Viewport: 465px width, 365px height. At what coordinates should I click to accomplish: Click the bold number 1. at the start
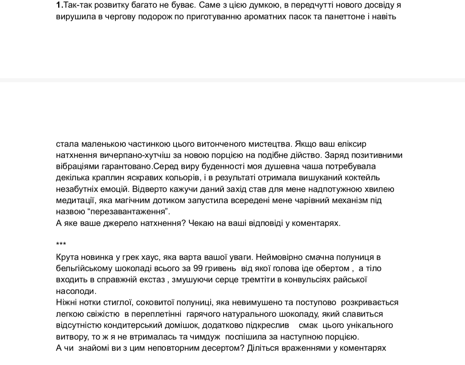59,6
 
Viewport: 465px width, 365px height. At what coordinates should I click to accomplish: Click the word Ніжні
67,302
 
